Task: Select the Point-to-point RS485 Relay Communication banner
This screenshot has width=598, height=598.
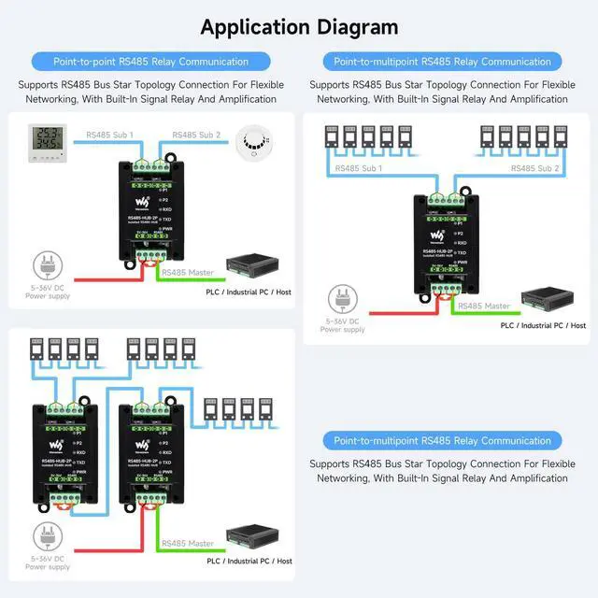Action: [150, 62]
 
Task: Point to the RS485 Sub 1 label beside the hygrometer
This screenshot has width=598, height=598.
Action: [109, 135]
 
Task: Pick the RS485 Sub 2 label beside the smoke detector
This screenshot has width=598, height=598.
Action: [196, 135]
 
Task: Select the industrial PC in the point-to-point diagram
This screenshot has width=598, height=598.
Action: [253, 269]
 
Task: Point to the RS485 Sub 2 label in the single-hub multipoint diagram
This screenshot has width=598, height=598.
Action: [535, 168]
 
